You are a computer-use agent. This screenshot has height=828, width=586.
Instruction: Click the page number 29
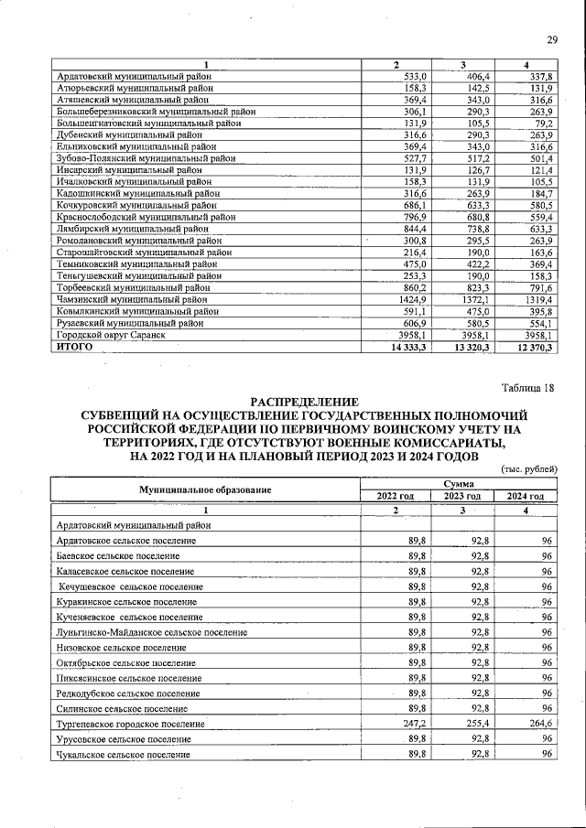coord(552,38)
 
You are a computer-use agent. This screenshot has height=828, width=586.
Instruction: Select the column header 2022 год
coord(396,496)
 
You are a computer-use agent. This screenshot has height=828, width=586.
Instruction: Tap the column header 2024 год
coord(525,496)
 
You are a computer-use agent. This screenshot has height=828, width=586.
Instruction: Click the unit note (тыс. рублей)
coord(529,469)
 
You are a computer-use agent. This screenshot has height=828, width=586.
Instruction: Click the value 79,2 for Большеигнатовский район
coord(544,122)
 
